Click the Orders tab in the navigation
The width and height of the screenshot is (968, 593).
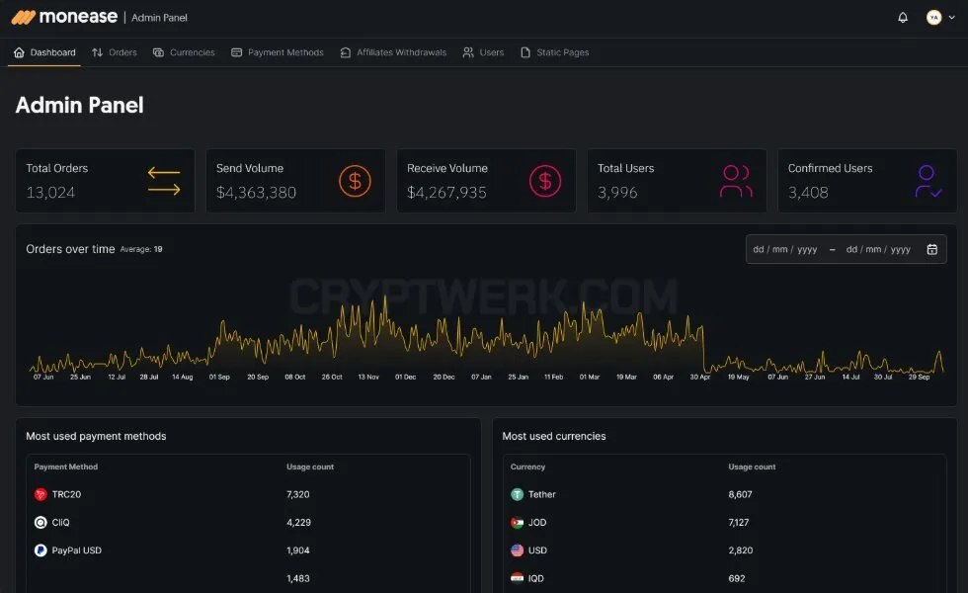click(115, 52)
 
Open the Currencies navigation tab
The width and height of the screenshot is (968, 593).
click(184, 52)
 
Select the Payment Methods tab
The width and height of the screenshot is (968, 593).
click(278, 52)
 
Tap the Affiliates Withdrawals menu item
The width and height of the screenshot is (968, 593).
click(393, 52)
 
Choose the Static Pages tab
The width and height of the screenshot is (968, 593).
click(554, 52)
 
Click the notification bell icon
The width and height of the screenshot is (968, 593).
click(903, 18)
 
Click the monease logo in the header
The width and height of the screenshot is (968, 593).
click(64, 17)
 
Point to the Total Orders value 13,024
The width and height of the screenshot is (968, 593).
click(50, 193)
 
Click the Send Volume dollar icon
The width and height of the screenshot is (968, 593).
click(355, 181)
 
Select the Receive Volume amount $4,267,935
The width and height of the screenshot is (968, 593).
click(446, 193)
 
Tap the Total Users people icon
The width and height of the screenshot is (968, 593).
click(736, 181)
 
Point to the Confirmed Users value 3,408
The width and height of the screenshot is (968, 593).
click(808, 193)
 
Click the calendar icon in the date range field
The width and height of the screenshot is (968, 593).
click(932, 249)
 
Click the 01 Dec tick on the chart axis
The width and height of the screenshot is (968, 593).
click(406, 377)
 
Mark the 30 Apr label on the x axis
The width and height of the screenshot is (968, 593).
click(700, 377)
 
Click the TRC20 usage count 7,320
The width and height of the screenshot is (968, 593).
click(298, 494)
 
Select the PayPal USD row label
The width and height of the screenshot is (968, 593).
click(77, 551)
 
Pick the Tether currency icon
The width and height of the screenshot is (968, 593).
click(518, 494)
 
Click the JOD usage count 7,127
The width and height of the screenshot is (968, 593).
click(739, 523)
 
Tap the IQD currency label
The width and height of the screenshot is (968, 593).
click(535, 579)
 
